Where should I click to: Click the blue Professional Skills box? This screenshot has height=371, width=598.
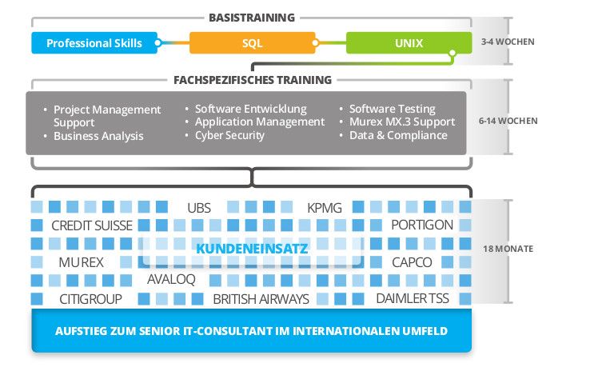93,42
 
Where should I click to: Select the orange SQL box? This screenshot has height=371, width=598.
252,42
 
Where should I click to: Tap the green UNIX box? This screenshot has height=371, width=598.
409,42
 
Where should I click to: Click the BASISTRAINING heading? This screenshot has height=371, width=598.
251,17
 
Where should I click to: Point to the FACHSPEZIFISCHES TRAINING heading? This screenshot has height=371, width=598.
252,80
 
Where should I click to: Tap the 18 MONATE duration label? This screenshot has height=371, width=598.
508,249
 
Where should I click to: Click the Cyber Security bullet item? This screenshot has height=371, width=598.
229,135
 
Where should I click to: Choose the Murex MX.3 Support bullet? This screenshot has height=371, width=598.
402,122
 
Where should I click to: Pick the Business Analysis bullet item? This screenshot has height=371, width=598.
98,136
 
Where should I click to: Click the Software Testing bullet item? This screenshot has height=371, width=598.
392,109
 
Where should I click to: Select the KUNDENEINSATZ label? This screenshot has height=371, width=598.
252,249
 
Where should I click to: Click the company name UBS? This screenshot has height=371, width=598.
199,208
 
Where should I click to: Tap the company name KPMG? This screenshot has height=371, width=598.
324,208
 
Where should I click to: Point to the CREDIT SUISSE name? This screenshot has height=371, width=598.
91,225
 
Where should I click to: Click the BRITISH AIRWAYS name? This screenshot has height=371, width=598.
261,299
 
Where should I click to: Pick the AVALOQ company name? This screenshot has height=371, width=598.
171,280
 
